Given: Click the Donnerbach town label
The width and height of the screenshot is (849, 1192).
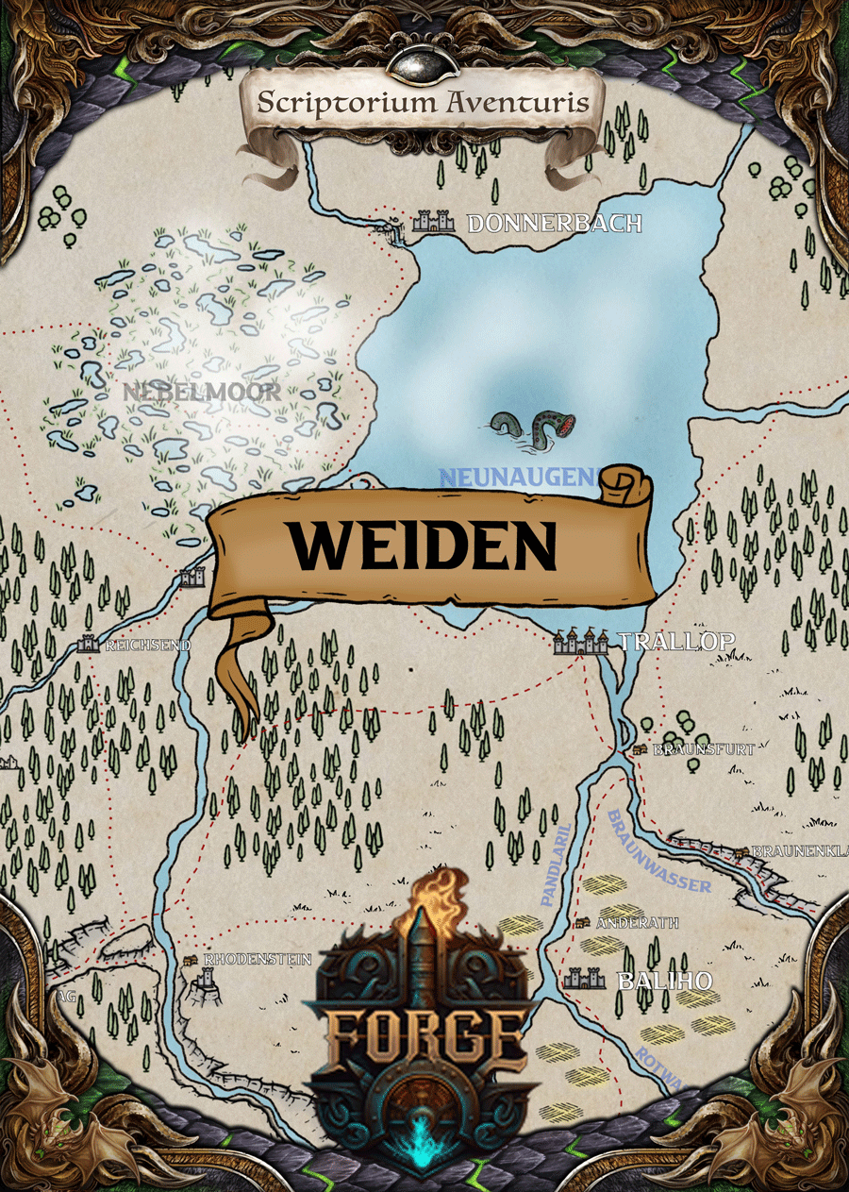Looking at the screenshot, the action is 554,224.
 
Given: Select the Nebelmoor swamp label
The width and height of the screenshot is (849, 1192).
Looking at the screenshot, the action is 201,392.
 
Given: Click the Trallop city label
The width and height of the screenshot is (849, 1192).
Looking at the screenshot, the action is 675,642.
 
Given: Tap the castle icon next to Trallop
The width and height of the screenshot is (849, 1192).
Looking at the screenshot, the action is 581,643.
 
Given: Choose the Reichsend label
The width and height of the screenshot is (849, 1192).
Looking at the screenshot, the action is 147,646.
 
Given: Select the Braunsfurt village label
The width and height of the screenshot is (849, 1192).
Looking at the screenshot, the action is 705,749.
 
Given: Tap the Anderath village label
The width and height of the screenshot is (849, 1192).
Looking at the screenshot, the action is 637,922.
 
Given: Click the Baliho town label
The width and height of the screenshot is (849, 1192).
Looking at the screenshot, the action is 664,981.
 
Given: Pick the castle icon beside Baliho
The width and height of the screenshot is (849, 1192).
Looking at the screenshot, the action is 584,979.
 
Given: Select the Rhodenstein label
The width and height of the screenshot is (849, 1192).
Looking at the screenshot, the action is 258,960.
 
